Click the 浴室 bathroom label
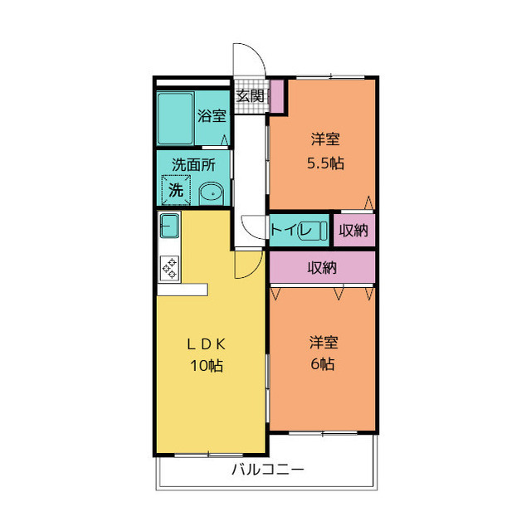tap(212, 116)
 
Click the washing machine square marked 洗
tap(176, 190)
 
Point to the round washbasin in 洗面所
tap(212, 192)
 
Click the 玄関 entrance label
tap(250, 95)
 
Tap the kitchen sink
tap(168, 225)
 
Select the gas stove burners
tap(169, 267)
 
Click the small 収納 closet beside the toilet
tap(353, 230)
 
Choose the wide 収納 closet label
tap(323, 267)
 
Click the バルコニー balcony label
tap(267, 470)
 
